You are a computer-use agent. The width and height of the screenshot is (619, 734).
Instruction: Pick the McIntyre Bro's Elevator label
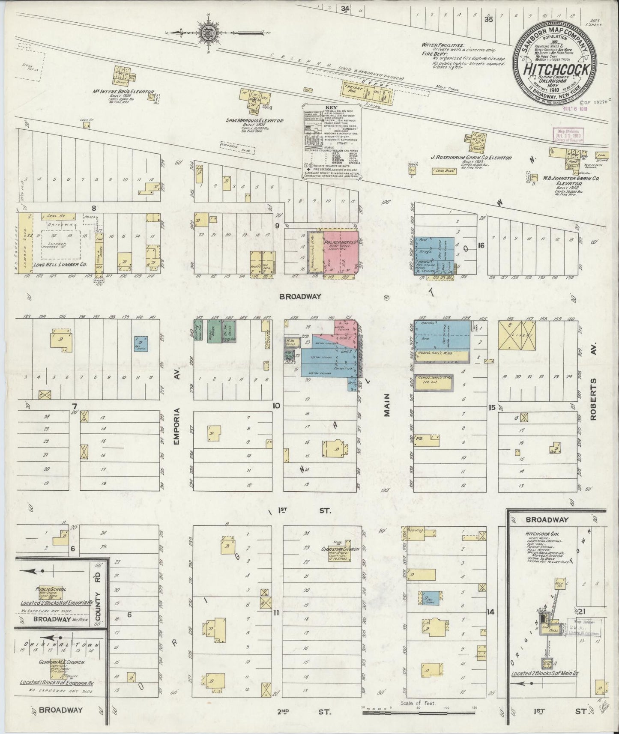click(x=124, y=92)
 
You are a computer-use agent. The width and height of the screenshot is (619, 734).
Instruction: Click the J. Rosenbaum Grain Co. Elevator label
click(x=471, y=158)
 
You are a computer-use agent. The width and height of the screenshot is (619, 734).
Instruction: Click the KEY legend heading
click(x=332, y=108)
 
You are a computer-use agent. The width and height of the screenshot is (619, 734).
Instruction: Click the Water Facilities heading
click(x=443, y=45)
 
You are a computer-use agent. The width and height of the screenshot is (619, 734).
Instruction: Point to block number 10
click(x=277, y=405)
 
